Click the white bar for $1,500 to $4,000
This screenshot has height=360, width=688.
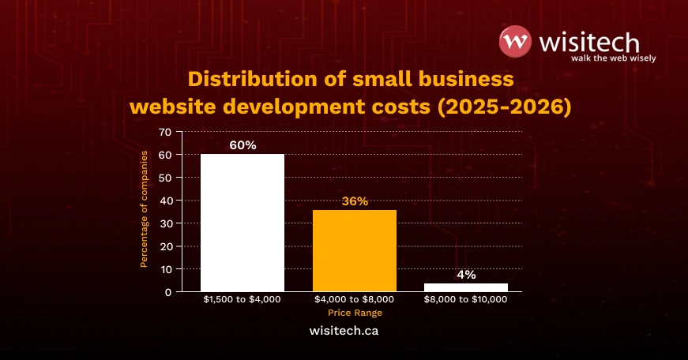tap(242, 223)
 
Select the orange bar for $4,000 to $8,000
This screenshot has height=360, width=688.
tap(355, 250)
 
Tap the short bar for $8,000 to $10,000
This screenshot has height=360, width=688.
tap(466, 287)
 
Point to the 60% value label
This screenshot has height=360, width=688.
tap(242, 145)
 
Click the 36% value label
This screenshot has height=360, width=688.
tap(355, 201)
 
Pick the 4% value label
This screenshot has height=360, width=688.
tap(466, 275)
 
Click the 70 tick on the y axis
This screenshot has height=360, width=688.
tap(164, 132)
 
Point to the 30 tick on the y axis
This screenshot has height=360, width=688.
tap(164, 223)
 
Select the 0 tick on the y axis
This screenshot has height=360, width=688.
tap(169, 292)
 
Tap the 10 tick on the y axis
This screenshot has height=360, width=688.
tap(164, 269)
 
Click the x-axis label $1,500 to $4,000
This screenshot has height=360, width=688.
tap(242, 300)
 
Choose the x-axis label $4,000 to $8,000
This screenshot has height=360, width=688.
tap(355, 300)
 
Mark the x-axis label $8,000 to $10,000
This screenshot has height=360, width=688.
tap(466, 300)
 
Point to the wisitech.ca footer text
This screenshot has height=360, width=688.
tap(344, 331)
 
